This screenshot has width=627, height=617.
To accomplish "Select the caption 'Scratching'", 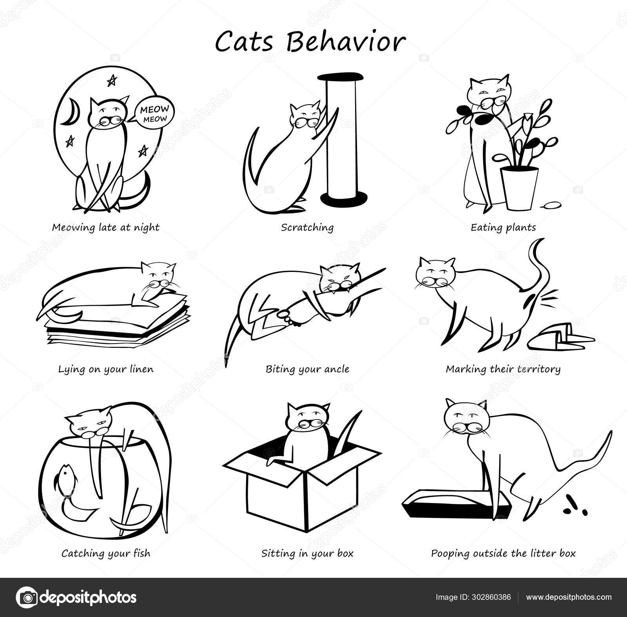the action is point(307,227).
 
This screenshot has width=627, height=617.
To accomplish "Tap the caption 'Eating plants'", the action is point(503,227).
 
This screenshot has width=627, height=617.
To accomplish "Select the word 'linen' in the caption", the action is point(140,369).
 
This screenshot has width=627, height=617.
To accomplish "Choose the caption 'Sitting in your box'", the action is point(307,554).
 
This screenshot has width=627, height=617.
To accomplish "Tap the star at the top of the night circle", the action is point(112,81).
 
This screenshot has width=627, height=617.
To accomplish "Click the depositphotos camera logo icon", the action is point(26,597).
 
